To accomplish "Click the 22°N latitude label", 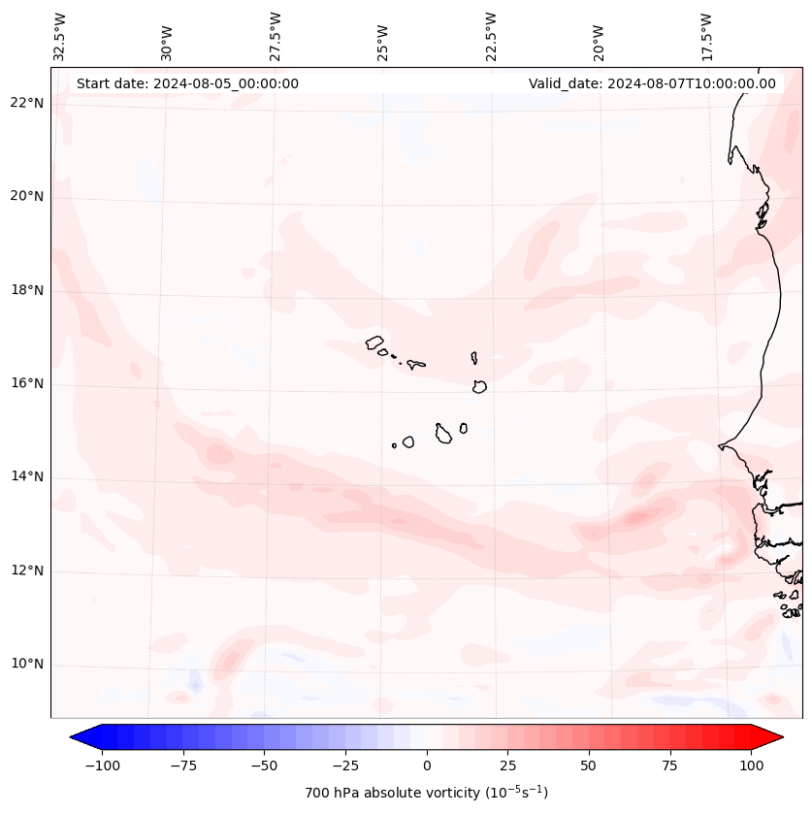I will click(27, 103).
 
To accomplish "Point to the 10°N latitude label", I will click(27, 665).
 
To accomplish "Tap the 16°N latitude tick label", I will click(27, 383).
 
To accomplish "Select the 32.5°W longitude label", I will click(60, 36).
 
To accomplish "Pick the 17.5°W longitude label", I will click(706, 36).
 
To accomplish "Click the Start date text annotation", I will click(187, 83).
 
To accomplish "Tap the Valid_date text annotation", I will click(652, 83).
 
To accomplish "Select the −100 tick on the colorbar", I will click(102, 765).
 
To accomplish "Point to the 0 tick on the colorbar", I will click(426, 765).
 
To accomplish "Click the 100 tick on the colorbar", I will click(751, 765).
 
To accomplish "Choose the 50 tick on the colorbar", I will click(589, 765).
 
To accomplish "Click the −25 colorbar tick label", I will click(344, 765).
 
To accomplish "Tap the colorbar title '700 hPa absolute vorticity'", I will click(426, 793).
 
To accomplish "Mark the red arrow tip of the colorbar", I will click(779, 737).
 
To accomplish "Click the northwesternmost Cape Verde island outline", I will click(374, 342).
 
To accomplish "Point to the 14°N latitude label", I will click(27, 476).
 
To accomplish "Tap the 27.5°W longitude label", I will click(276, 36).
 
